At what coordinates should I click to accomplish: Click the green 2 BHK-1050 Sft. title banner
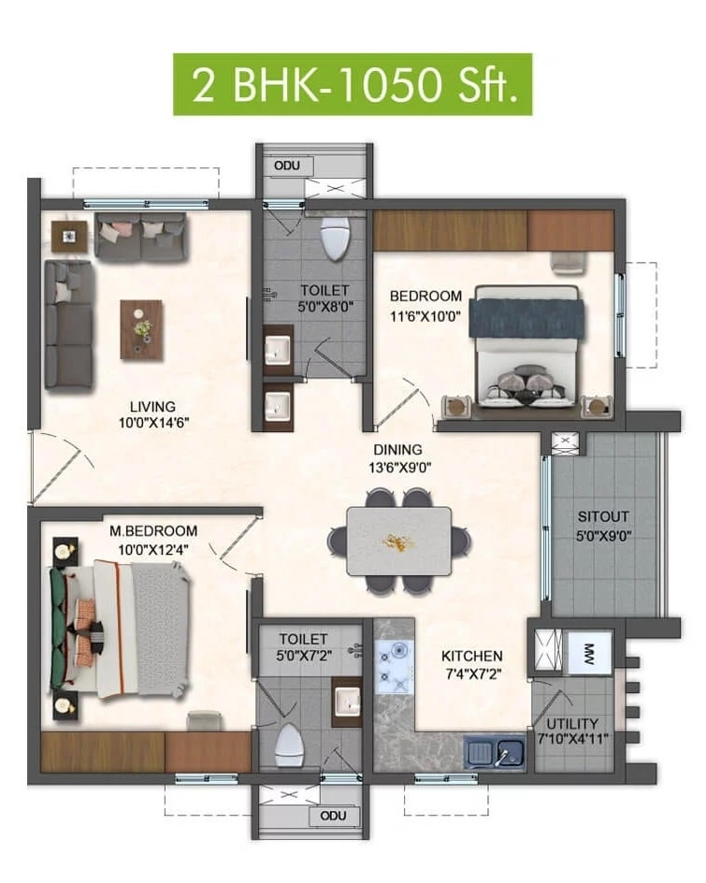pos(353,85)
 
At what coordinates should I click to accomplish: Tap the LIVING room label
pos(153,406)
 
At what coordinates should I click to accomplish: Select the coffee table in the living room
pos(141,329)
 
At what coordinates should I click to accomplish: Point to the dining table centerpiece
pos(399,542)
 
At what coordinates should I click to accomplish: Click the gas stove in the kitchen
pos(395,667)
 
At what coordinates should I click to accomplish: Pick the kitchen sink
pos(496,751)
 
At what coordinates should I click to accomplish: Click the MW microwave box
pos(590,651)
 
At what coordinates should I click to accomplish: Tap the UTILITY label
pos(574,728)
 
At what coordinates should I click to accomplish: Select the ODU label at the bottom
pos(333,816)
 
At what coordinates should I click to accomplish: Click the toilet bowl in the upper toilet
pos(334,239)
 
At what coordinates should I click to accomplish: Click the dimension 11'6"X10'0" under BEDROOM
pos(425,315)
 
